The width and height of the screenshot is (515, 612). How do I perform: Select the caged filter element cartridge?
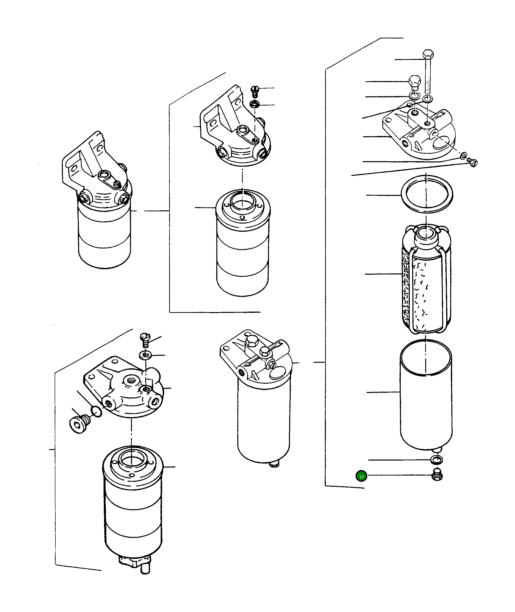click(x=426, y=279)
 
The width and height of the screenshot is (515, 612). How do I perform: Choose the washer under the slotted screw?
click(x=145, y=355)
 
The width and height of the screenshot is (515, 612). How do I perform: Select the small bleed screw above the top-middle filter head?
click(x=255, y=91)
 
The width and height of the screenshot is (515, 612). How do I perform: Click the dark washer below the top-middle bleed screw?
click(x=255, y=104)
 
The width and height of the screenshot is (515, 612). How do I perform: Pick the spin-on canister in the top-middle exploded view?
click(x=243, y=243)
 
